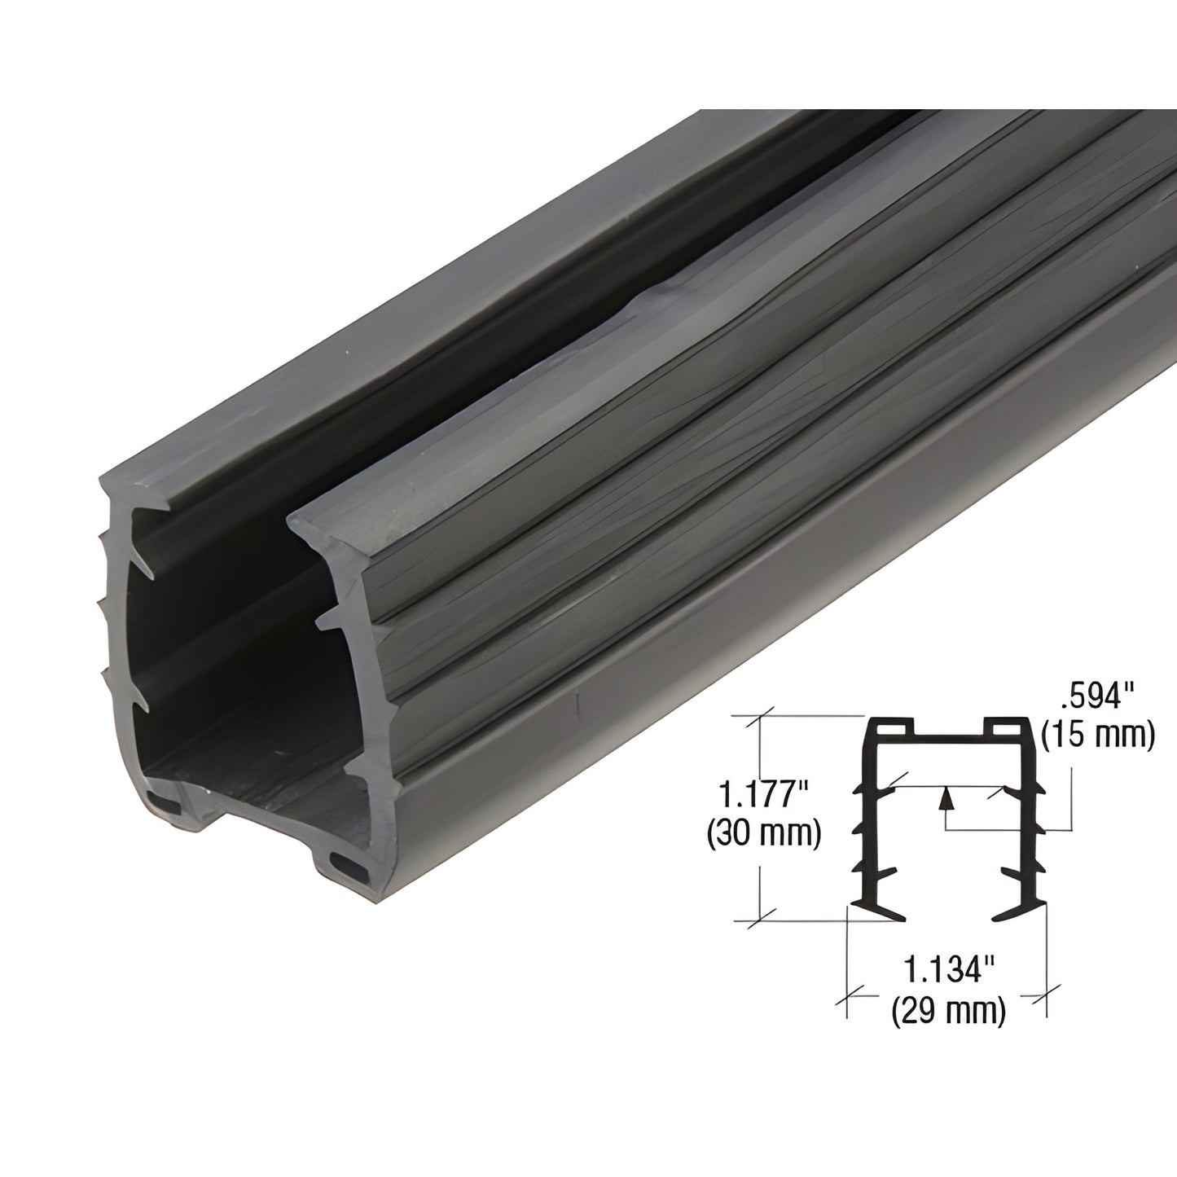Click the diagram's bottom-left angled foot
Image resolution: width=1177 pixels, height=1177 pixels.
[x=881, y=911]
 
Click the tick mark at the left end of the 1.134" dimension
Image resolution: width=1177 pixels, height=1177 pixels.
[x=850, y=992]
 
